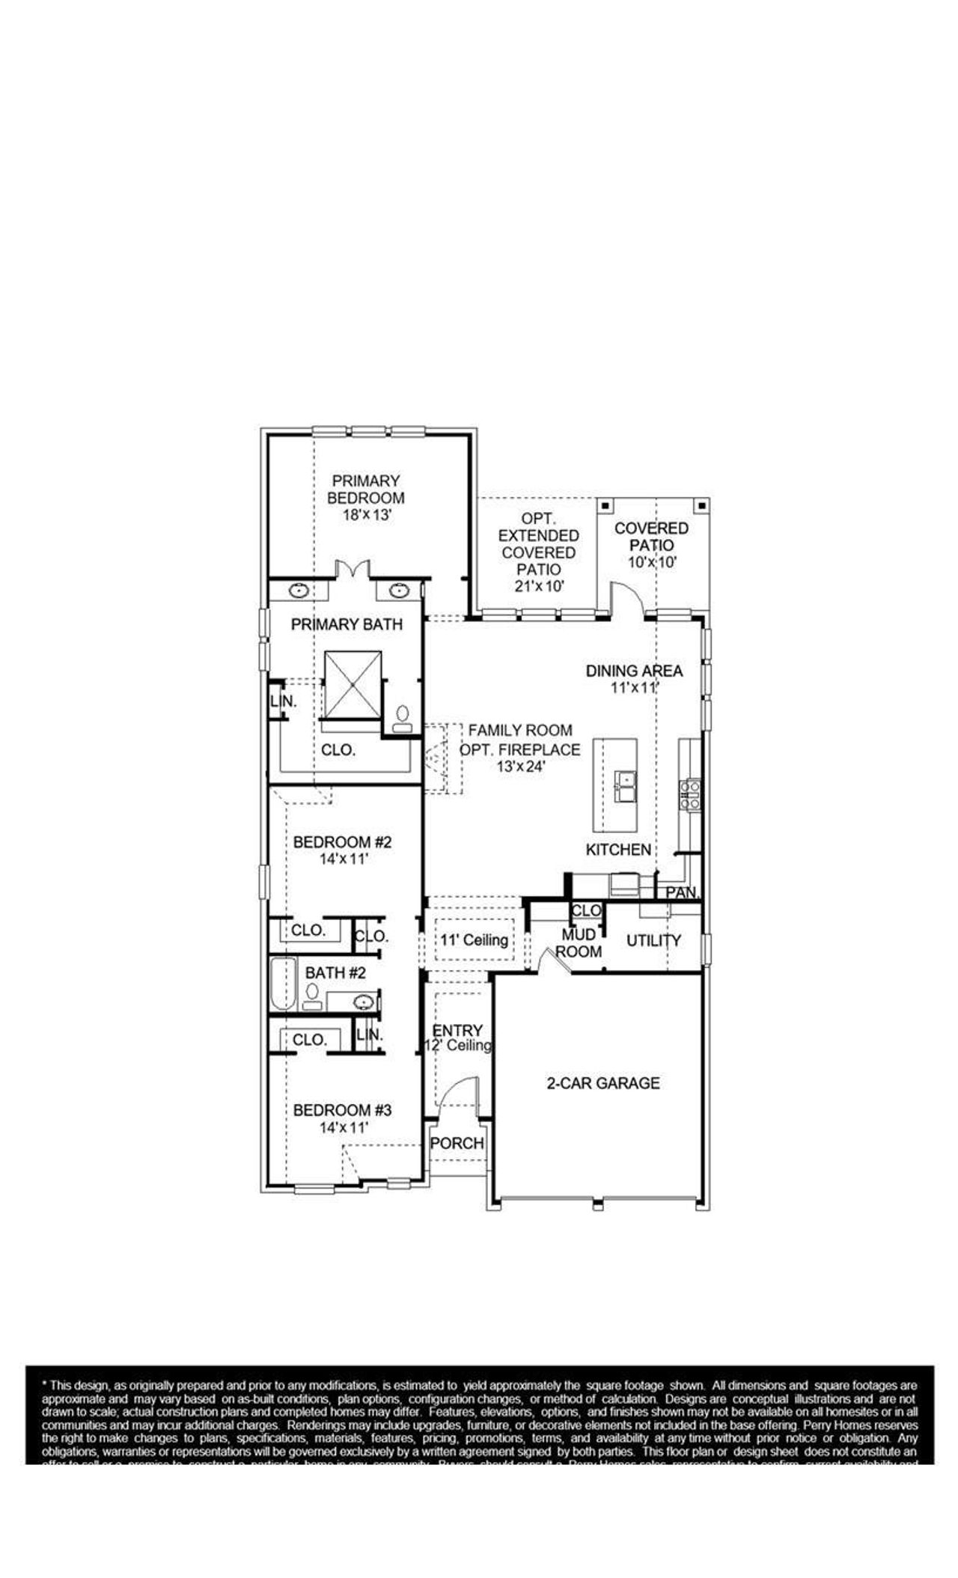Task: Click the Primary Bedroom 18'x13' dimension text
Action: coord(367,516)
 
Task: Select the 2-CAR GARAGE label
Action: coord(603,1082)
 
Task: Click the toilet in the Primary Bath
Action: coord(403,718)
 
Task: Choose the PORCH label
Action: coord(457,1143)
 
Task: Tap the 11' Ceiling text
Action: coord(474,939)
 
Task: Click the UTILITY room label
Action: coord(653,940)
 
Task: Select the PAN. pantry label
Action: coord(682,892)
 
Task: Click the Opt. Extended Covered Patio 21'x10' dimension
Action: coord(539,586)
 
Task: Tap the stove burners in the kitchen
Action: coord(689,795)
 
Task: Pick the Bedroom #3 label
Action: coord(342,1109)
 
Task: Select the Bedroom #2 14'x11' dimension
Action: coord(342,859)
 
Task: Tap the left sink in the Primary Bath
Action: coord(299,591)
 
